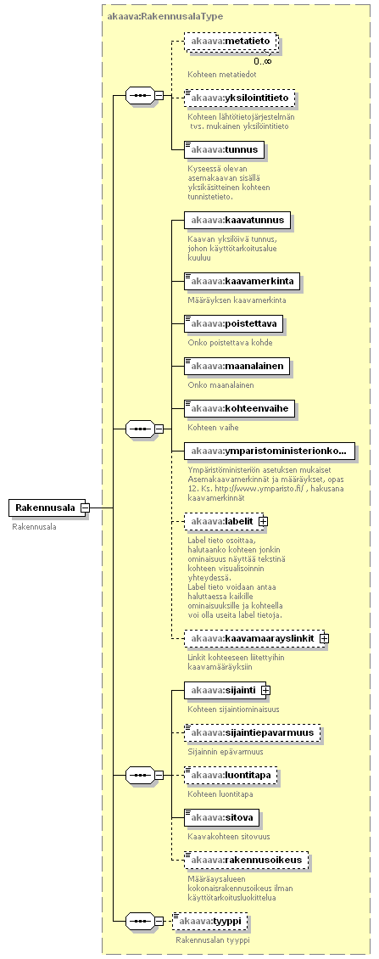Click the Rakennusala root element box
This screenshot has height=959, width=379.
[45, 508]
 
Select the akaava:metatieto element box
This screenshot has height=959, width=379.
[231, 42]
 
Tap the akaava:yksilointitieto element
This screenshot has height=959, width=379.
[240, 98]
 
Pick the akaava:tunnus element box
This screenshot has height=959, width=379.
[225, 150]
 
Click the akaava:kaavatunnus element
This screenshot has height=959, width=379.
[237, 220]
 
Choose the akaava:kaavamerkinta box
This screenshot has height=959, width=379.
[242, 283]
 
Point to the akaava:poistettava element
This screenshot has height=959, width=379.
[234, 324]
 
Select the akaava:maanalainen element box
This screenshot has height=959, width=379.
[237, 367]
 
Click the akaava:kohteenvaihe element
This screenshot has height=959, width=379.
[240, 408]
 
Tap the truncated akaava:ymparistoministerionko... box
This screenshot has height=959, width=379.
[270, 451]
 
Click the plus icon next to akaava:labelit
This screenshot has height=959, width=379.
[264, 521]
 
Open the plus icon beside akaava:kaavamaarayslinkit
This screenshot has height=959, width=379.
[324, 638]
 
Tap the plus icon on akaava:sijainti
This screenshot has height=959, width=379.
[266, 690]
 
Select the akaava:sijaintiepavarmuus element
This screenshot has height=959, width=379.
[253, 733]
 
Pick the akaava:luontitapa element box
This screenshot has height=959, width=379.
[231, 776]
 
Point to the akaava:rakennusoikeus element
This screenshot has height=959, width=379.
[247, 860]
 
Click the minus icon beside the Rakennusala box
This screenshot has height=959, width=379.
[86, 508]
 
